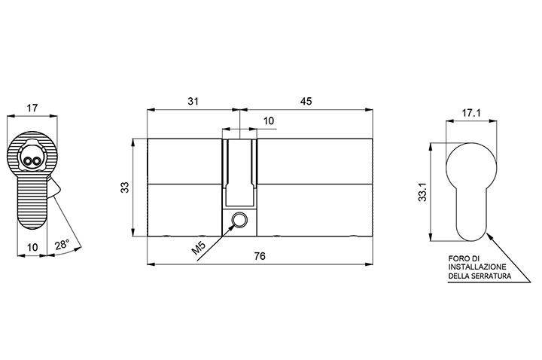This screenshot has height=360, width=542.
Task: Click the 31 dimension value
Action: pyautogui.click(x=193, y=102)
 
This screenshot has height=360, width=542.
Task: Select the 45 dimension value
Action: pyautogui.click(x=306, y=102)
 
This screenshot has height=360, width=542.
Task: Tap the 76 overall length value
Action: pyautogui.click(x=260, y=256)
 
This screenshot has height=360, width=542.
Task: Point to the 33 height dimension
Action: pyautogui.click(x=125, y=187)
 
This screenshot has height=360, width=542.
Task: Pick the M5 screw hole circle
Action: pyautogui.click(x=239, y=220)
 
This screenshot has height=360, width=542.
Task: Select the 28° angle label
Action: pyautogui.click(x=62, y=245)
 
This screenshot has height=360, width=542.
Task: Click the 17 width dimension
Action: pyautogui.click(x=32, y=108)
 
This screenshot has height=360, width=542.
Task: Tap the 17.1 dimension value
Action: pyautogui.click(x=471, y=113)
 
